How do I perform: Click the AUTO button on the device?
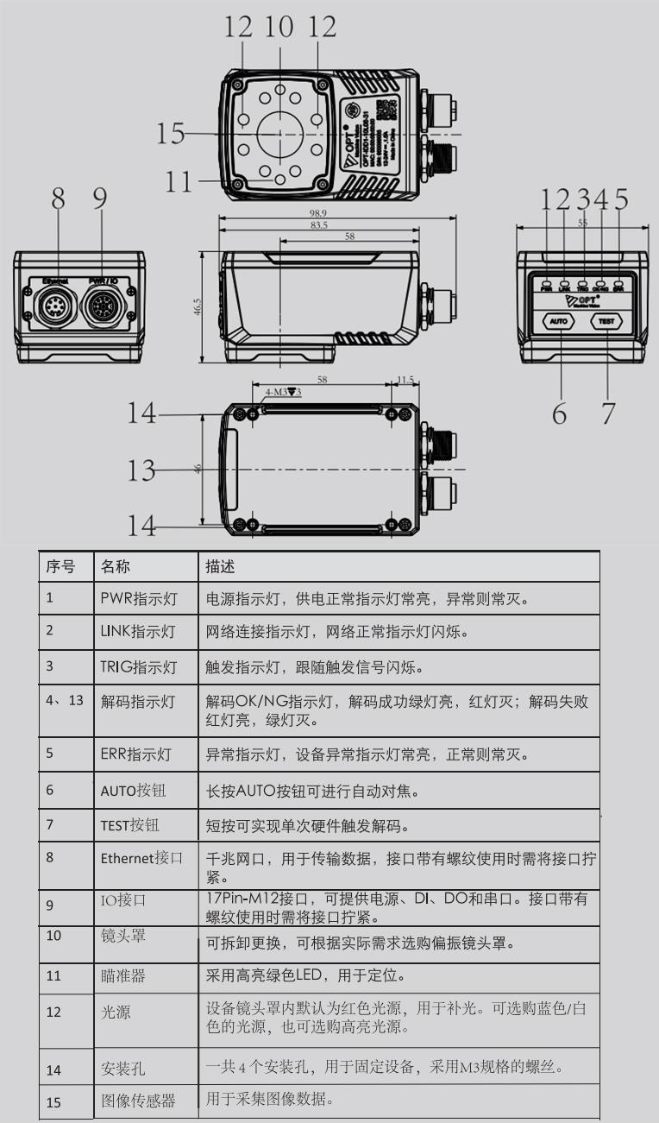pos(558,321)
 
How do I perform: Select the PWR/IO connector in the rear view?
pos(102,305)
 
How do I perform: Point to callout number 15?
pos(170,134)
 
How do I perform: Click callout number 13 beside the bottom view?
pos(141,470)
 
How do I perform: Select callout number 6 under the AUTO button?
pos(560,414)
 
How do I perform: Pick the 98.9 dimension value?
pos(319,213)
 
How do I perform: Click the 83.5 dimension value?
pos(318,225)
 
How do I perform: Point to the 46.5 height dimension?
pos(198,307)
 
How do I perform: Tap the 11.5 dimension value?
pos(405,379)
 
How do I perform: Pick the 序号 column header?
pos(60,566)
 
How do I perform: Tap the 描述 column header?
pos(220,566)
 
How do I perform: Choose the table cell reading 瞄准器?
pos(122,975)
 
